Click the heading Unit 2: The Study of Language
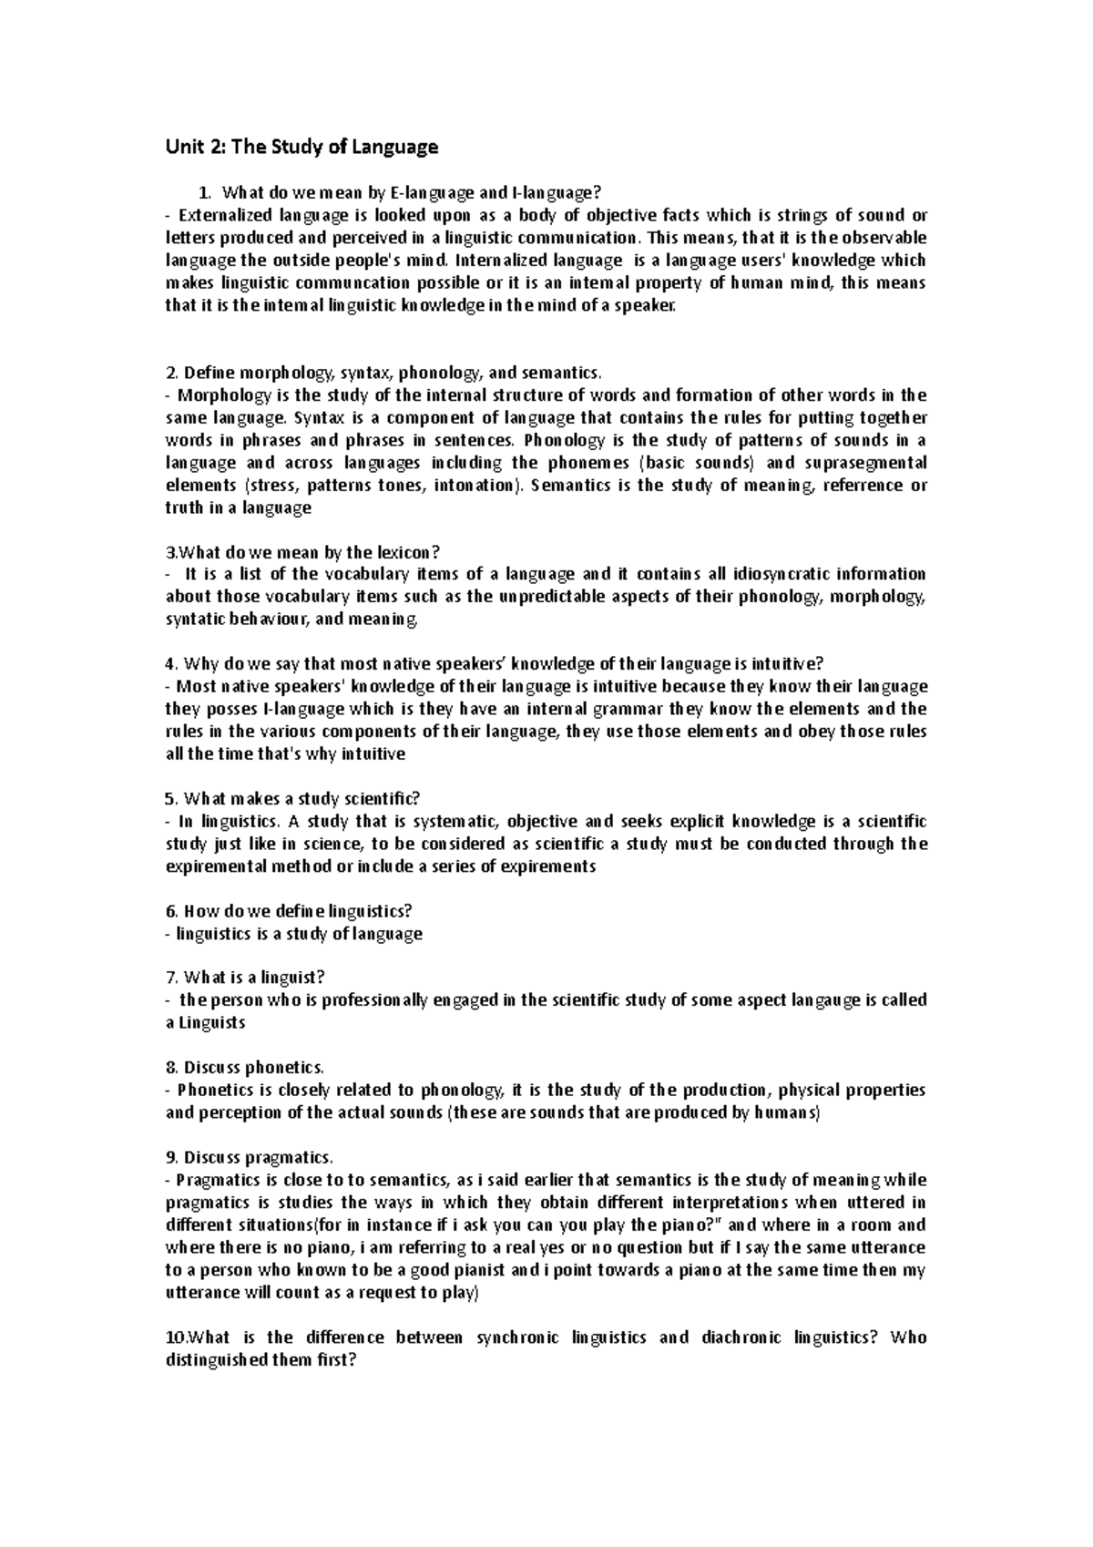[x=301, y=147]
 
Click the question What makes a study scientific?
[x=292, y=799]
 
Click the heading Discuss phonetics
[x=244, y=1068]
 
